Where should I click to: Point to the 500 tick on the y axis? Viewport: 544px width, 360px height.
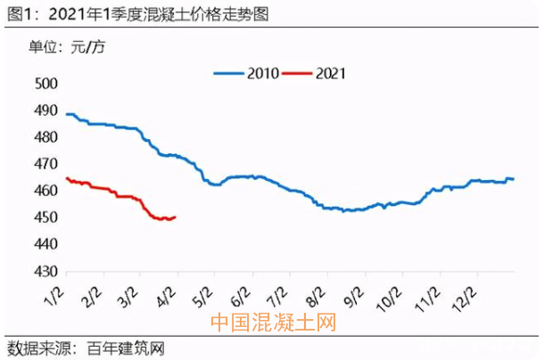pos(45,84)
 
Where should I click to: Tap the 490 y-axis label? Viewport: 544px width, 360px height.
pos(45,110)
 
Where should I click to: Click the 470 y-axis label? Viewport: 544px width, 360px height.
pos(45,164)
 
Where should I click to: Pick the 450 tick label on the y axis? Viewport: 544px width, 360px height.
pos(45,217)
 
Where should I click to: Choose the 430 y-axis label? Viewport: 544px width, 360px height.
pos(45,271)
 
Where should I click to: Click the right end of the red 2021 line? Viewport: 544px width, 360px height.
pos(175,217)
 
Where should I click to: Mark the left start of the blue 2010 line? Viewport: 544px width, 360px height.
pos(67,114)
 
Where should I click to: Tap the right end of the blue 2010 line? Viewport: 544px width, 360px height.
pos(513,179)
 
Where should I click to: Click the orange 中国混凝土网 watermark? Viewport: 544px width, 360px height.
pos(272,323)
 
